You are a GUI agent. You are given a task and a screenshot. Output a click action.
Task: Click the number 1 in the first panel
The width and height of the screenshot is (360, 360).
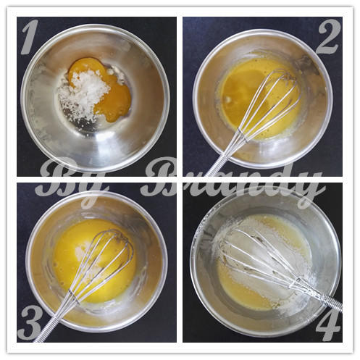[x=31, y=37]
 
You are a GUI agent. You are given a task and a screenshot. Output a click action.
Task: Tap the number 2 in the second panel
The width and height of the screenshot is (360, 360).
[x=328, y=37]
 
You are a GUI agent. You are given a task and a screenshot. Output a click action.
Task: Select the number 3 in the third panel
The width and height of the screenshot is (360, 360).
[x=30, y=318]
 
